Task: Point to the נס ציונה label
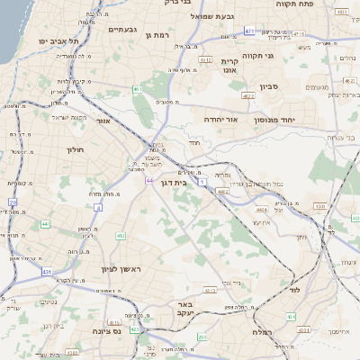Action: point(105,330)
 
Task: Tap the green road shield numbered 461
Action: point(138,90)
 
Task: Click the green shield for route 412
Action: point(120,236)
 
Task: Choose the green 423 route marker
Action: point(134,329)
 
